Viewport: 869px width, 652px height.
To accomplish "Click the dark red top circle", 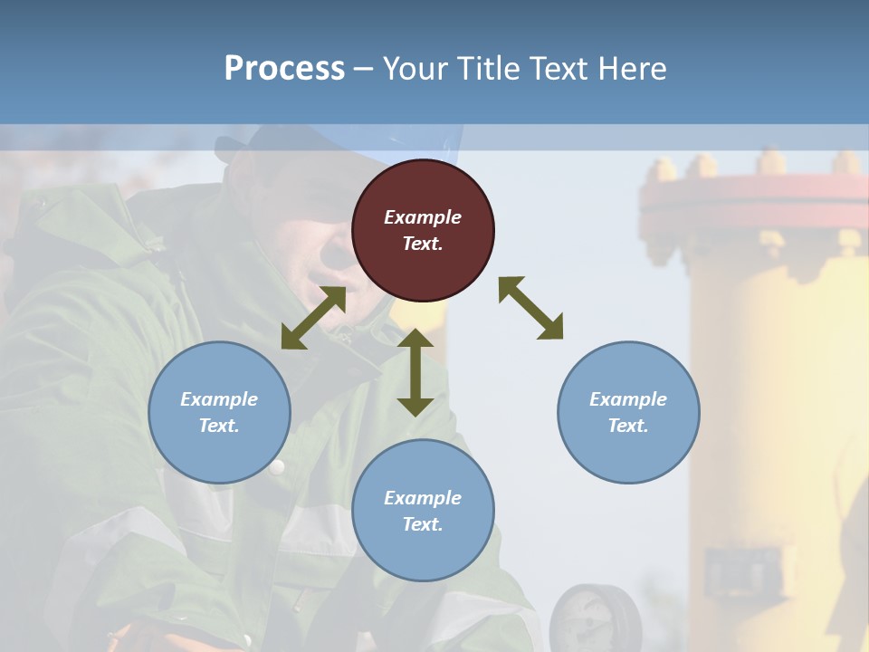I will pyautogui.click(x=423, y=230).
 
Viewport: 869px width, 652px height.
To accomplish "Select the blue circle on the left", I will pyautogui.click(x=219, y=412).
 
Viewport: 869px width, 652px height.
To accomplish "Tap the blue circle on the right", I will pyautogui.click(x=628, y=412).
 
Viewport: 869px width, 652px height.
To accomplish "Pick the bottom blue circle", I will pyautogui.click(x=423, y=511).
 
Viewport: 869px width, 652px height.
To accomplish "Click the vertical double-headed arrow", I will pyautogui.click(x=415, y=372).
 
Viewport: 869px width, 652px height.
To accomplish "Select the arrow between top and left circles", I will pyautogui.click(x=313, y=318).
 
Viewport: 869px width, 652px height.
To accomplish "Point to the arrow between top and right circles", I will pyautogui.click(x=530, y=308).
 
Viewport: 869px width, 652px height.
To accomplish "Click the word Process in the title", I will pyautogui.click(x=284, y=68).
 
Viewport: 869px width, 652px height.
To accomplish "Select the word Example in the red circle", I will pyautogui.click(x=423, y=217).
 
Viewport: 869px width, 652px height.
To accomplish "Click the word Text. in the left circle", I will pyautogui.click(x=219, y=426).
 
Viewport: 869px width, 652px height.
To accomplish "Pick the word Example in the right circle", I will pyautogui.click(x=628, y=399).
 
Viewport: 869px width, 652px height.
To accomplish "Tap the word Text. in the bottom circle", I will pyautogui.click(x=423, y=524).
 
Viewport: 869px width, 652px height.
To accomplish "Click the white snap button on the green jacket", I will pyautogui.click(x=277, y=467).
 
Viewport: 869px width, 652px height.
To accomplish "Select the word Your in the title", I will pyautogui.click(x=412, y=68).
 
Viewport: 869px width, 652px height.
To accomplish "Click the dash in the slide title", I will pyautogui.click(x=363, y=69).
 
